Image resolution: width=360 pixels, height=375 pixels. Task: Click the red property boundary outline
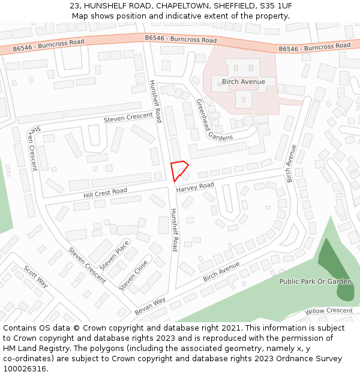coord(179,170)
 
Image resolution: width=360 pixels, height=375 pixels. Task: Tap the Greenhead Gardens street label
coord(214,120)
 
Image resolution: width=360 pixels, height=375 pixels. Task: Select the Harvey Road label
coord(195,187)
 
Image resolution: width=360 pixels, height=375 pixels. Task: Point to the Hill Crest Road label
coord(105,194)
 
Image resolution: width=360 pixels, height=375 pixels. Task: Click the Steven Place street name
coord(114,255)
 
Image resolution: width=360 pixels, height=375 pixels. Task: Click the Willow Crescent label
coord(328,311)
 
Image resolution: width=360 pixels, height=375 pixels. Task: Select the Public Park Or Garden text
coord(315,281)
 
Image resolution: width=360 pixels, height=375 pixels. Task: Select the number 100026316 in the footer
coord(26,368)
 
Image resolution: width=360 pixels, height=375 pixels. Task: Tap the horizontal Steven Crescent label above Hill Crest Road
coord(128,118)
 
